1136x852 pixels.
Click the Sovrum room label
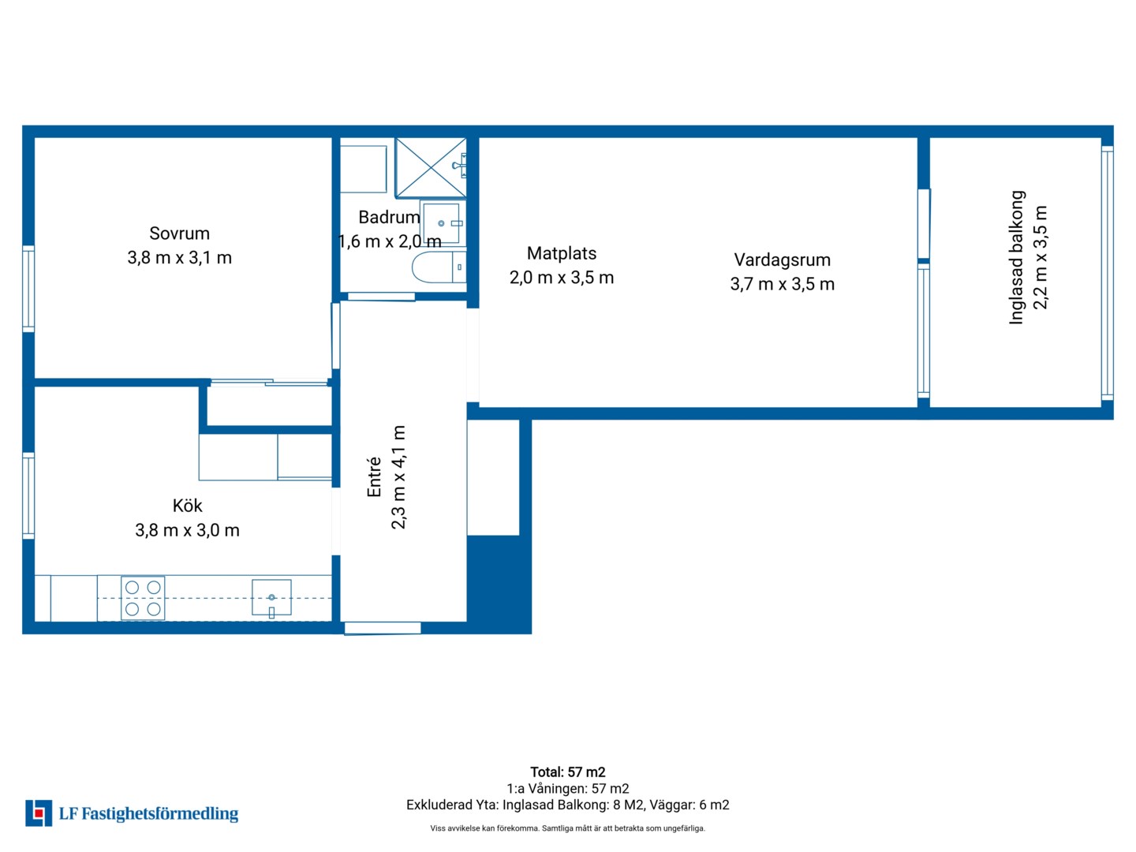[179, 234]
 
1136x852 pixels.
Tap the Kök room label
[187, 506]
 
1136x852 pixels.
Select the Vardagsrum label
[782, 260]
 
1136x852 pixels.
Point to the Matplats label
[562, 253]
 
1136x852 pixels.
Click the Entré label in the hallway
[374, 477]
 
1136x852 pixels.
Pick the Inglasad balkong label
[1016, 258]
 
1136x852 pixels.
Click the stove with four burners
[143, 598]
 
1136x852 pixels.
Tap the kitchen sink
[271, 598]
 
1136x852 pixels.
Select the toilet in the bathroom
[439, 267]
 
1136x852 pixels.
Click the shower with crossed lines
[431, 167]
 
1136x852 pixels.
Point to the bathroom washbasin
[443, 223]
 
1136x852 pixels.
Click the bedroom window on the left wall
[28, 289]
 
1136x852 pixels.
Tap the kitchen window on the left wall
[28, 496]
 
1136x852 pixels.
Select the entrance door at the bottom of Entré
[383, 628]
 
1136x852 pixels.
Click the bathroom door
[381, 297]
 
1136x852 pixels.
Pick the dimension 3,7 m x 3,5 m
[782, 284]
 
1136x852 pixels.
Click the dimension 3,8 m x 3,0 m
[187, 530]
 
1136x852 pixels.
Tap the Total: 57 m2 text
[568, 772]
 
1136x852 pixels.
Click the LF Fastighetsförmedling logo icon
[39, 813]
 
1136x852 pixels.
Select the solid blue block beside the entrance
[499, 584]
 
